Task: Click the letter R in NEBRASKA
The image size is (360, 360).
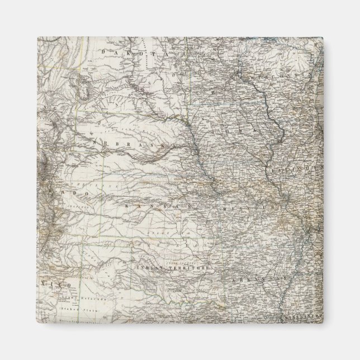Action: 120,143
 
